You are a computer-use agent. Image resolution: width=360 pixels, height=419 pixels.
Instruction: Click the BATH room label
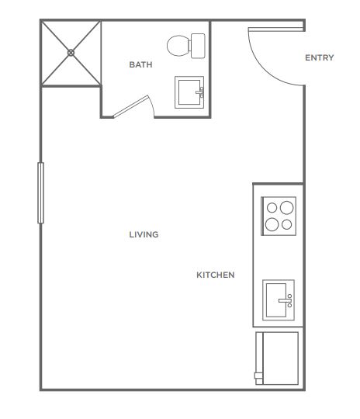140,64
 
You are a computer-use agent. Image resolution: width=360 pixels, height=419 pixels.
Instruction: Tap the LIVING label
144,234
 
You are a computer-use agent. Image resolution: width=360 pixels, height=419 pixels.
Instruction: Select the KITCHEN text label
216,275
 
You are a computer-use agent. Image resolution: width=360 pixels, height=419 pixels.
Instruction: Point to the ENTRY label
320,57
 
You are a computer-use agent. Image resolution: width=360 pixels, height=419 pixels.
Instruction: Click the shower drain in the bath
71,53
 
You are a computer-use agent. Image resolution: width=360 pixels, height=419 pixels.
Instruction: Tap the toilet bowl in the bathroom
178,46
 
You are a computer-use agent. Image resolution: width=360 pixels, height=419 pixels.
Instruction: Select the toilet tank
198,46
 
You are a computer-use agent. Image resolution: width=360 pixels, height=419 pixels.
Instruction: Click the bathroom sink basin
189,92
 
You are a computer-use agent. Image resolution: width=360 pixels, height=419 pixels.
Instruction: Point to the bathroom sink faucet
200,92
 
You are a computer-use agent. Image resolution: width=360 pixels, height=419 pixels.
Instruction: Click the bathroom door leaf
130,106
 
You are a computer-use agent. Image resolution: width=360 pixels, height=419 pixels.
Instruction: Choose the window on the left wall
40,192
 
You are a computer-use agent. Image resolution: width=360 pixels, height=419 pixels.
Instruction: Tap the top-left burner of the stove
272,208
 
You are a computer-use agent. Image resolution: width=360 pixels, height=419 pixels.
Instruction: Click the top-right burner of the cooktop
286,208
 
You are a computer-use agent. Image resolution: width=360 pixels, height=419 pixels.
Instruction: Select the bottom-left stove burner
272,224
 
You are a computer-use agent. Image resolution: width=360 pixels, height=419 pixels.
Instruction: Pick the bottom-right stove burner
286,225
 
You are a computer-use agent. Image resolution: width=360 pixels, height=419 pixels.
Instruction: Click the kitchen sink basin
276,300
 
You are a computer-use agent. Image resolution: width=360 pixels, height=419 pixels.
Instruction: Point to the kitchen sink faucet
286,300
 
